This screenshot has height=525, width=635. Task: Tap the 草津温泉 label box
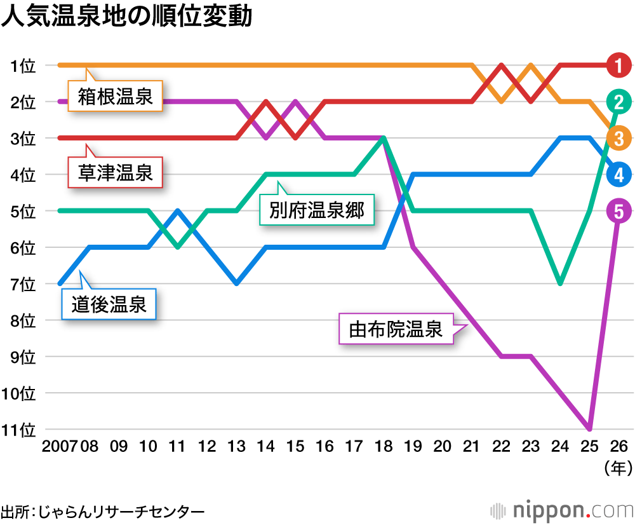click(115, 172)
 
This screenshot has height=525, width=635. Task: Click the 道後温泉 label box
click(109, 304)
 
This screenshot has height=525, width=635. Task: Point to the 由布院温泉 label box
click(396, 329)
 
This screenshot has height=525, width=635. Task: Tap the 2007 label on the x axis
click(59, 447)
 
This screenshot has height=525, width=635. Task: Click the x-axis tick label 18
click(384, 447)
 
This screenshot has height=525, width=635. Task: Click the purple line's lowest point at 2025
click(590, 428)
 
